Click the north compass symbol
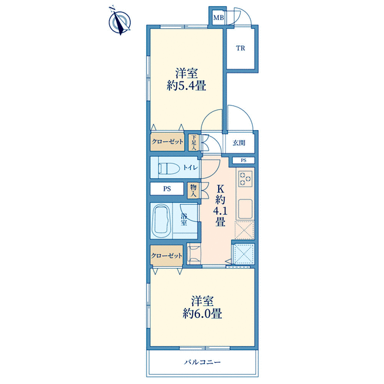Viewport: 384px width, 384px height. point(119,21)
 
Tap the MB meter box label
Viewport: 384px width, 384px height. point(219,17)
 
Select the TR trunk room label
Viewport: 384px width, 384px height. point(241,48)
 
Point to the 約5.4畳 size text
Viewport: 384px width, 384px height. point(187,86)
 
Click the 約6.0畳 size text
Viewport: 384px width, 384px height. point(202,314)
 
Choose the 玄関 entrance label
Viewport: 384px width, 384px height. point(239,143)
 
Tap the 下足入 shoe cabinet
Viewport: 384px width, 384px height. point(194,142)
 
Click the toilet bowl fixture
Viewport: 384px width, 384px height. point(169,168)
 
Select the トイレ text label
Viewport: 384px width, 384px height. point(190,168)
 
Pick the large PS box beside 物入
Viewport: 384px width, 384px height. point(167,189)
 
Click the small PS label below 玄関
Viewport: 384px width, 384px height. point(243,161)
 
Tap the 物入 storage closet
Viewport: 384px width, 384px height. point(193,191)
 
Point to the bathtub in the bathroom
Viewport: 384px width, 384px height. point(161,221)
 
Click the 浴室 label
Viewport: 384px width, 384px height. point(184,219)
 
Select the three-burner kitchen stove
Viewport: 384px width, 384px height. point(245,179)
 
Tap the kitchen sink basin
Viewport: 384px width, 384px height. point(245,209)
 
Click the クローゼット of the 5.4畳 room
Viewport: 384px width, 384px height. point(167,142)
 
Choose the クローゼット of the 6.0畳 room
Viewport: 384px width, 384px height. point(167,256)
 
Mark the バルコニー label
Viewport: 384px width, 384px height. point(203,362)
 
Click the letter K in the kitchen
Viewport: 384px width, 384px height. point(220,189)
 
